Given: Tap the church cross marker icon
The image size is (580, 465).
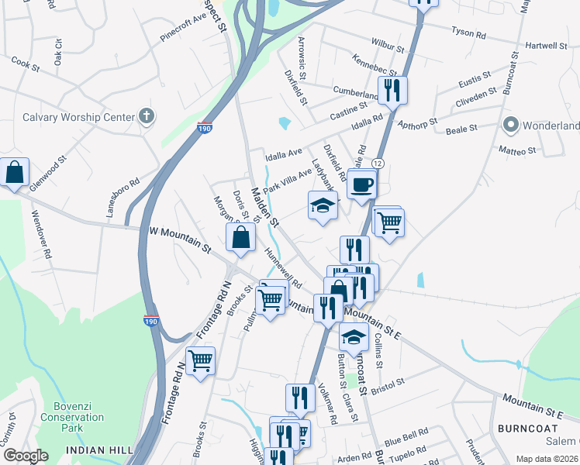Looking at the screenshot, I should [145, 117].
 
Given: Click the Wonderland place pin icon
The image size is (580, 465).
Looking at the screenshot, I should [510, 125].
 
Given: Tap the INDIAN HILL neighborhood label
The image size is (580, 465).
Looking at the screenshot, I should [96, 450].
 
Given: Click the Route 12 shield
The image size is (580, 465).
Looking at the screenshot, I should [378, 164].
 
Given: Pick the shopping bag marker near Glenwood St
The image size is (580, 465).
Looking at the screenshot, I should [15, 173].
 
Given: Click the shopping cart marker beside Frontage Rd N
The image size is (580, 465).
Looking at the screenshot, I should [200, 360].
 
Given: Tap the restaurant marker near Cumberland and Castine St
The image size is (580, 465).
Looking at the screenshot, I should [392, 90].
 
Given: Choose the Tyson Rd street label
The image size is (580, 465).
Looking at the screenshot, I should [469, 34].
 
